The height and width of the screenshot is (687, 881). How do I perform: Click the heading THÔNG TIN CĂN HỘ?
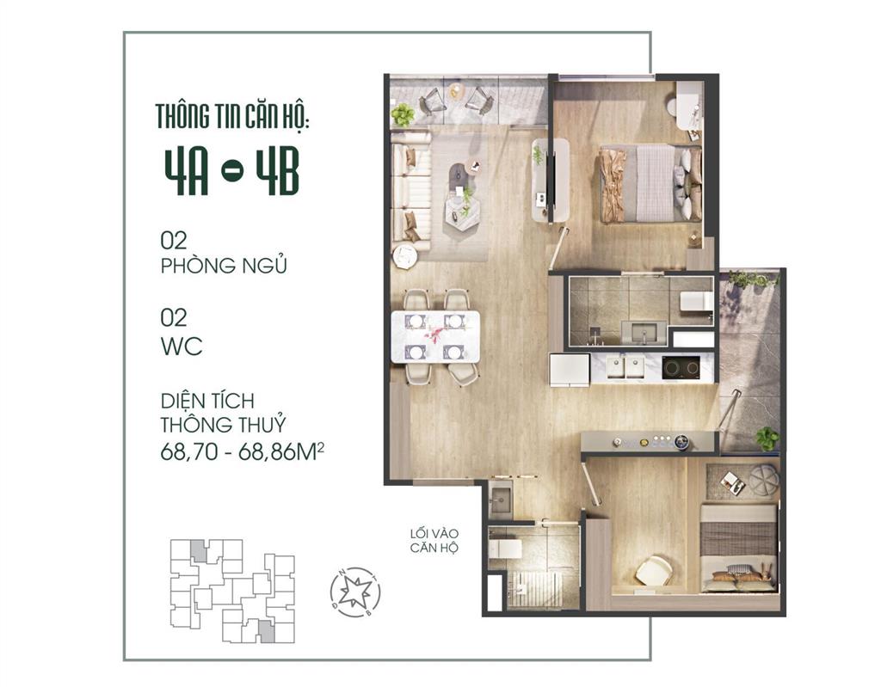[231, 116]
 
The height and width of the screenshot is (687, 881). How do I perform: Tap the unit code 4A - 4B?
[231, 175]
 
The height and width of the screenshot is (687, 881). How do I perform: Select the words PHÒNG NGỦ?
[223, 266]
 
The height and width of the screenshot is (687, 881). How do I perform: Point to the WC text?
[182, 347]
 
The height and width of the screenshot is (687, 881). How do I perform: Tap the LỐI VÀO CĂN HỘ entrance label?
[434, 541]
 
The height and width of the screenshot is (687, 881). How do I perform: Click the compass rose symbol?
[355, 593]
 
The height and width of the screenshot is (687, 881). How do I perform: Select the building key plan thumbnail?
[231, 592]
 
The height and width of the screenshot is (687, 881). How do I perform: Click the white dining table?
[436, 335]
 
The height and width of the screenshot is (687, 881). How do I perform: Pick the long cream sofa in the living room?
[410, 192]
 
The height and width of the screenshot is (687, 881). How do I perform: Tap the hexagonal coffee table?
[463, 208]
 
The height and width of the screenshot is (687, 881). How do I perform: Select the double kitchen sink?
[625, 368]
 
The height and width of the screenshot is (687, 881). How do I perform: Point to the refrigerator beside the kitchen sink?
[570, 369]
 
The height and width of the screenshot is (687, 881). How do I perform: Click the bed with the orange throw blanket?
[645, 184]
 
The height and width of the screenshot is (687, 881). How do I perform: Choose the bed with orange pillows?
[738, 549]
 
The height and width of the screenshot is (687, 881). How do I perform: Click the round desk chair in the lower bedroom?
[653, 570]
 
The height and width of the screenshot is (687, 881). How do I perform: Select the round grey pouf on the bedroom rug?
[762, 479]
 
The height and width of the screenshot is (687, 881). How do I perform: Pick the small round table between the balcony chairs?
[456, 90]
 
